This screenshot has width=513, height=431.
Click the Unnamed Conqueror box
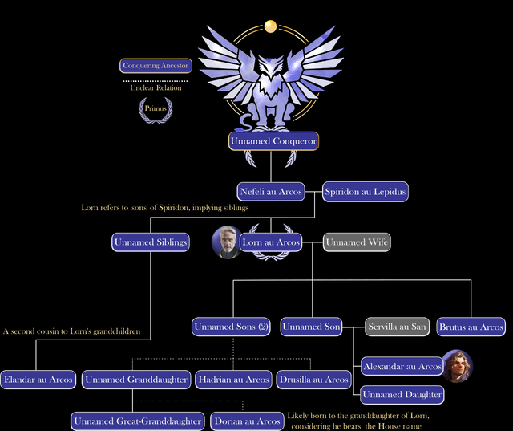[x=273, y=141]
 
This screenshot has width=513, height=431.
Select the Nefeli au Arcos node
[x=271, y=192]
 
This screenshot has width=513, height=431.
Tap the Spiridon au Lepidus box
[x=366, y=192]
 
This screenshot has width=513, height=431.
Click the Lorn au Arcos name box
[x=271, y=242]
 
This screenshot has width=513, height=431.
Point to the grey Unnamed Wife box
[x=357, y=242]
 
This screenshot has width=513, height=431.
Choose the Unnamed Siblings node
[x=151, y=242]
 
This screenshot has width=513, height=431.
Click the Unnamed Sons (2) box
[x=232, y=327]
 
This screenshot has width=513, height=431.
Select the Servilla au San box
[x=398, y=327]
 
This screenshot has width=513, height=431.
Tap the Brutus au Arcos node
[x=471, y=327]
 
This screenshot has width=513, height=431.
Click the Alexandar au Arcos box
[x=402, y=366]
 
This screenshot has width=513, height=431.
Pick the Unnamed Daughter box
[x=402, y=395]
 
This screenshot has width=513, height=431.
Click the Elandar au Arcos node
[x=38, y=380]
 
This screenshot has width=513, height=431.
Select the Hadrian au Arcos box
[x=233, y=380]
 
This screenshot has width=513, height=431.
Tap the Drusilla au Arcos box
[x=313, y=380]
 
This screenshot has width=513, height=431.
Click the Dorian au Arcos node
[x=248, y=421]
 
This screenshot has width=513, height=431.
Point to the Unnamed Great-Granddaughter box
[x=138, y=421]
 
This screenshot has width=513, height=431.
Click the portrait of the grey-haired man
[x=227, y=242]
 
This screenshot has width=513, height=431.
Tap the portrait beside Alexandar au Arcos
[x=458, y=366]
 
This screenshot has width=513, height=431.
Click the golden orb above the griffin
[x=271, y=26]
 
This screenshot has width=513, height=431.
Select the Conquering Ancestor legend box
[x=156, y=66]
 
